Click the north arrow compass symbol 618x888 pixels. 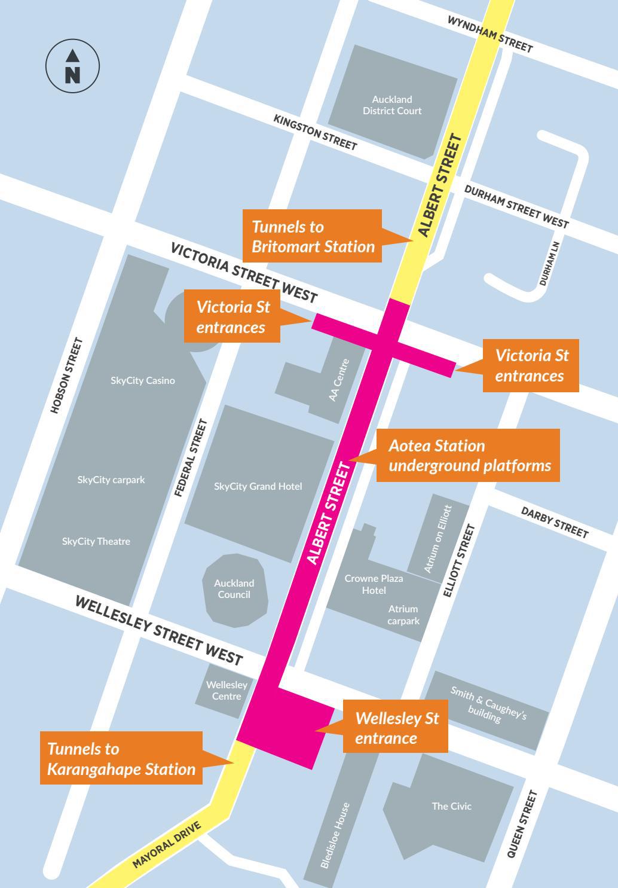(x=72, y=66)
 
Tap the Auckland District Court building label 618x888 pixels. (x=392, y=105)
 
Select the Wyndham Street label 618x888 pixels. (x=489, y=34)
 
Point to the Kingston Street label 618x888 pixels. (x=315, y=132)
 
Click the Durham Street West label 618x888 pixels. (x=516, y=206)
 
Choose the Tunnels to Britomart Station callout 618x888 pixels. (x=313, y=236)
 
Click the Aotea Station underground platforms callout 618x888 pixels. (x=469, y=455)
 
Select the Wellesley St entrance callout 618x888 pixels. (x=396, y=728)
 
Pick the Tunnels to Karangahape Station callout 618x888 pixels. (x=121, y=759)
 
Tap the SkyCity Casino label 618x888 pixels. (x=143, y=380)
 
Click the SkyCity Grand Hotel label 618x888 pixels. (x=258, y=486)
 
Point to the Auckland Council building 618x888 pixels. (x=234, y=589)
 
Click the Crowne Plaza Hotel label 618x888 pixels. (x=374, y=584)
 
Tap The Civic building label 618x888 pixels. (x=451, y=806)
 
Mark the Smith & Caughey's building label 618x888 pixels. (x=488, y=705)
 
